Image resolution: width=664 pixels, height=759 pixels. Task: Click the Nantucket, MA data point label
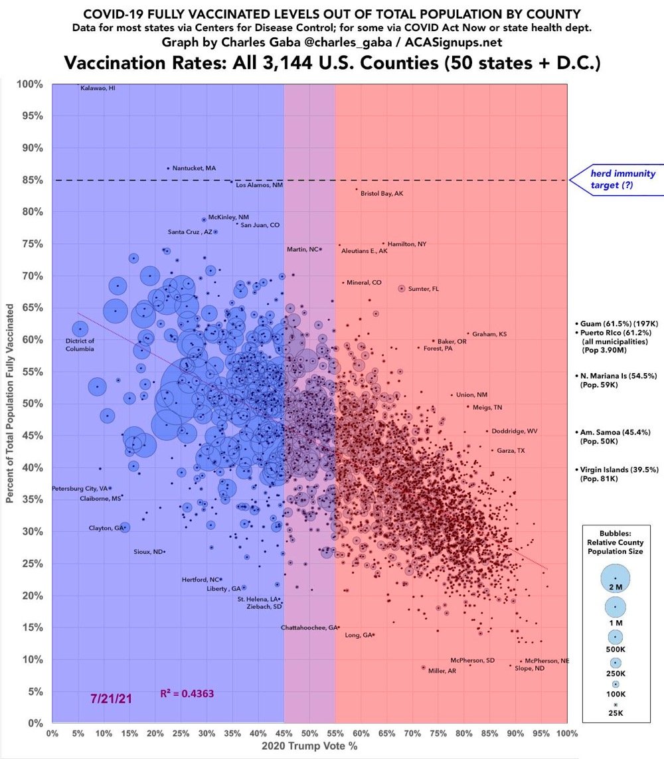(194, 169)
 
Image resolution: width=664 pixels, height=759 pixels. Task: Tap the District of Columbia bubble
(80, 329)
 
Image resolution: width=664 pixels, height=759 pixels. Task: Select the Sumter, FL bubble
(402, 288)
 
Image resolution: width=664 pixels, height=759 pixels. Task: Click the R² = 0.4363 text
(187, 693)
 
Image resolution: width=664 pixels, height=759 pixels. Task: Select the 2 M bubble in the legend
(615, 578)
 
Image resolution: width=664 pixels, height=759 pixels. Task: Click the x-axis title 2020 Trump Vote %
(309, 748)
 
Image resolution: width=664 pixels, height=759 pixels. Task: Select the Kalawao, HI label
(98, 88)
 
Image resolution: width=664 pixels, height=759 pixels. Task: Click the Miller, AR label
(442, 671)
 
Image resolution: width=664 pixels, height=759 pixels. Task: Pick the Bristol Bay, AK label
(381, 193)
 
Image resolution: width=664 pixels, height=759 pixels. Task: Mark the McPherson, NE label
(547, 661)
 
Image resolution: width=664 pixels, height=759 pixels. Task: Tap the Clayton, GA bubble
(124, 527)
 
